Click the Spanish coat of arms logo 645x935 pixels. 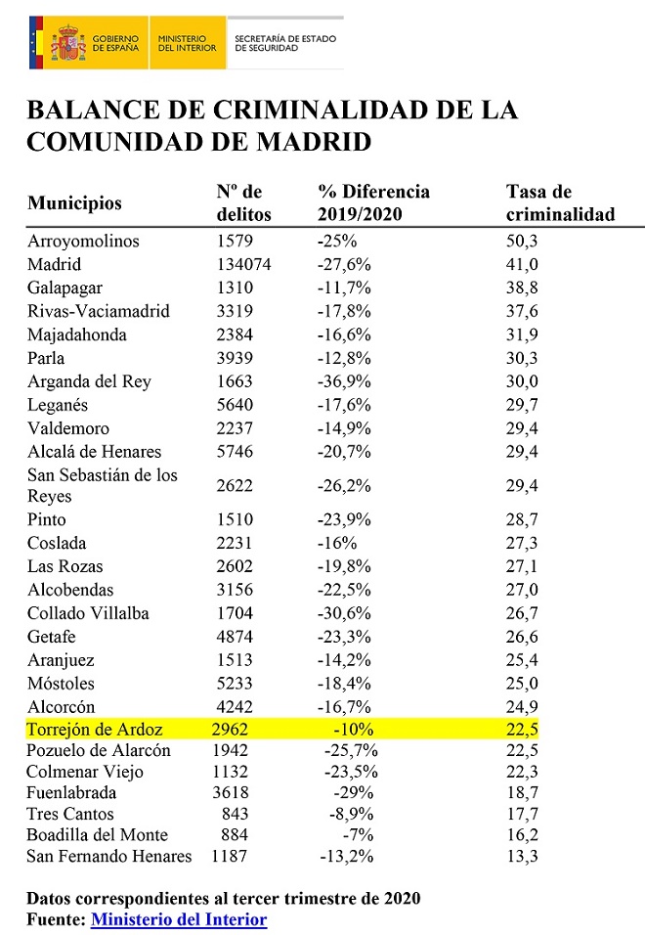67,42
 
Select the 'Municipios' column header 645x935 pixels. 75,203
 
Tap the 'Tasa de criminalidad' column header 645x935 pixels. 560,202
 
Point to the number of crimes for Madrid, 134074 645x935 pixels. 243,264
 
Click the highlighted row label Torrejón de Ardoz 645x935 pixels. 95,729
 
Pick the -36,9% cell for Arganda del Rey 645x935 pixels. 345,381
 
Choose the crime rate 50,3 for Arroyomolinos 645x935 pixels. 520,241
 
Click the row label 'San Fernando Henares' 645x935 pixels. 109,857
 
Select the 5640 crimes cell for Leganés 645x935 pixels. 235,405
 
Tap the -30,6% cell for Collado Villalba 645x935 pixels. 345,613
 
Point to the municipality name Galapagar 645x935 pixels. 64,288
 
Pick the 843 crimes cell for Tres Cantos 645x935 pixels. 235,814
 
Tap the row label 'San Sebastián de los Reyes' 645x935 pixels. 103,485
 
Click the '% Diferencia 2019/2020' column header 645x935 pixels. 373,202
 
